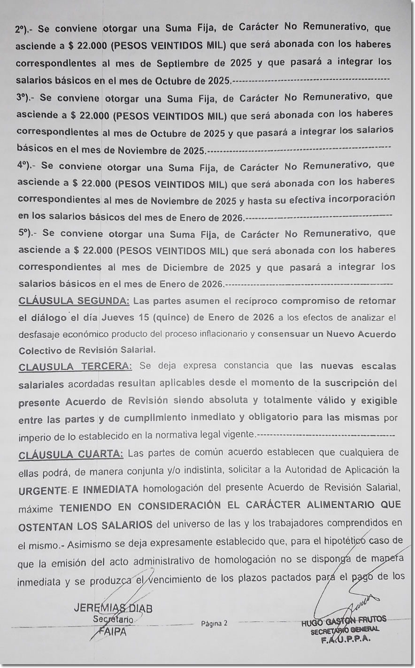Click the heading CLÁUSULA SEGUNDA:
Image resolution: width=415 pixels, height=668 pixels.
pyautogui.click(x=73, y=301)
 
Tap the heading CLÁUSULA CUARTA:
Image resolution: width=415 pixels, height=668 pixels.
pyautogui.click(x=71, y=454)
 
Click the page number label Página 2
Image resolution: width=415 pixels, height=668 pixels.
pyautogui.click(x=214, y=624)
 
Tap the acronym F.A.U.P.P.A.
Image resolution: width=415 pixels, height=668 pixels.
pyautogui.click(x=345, y=640)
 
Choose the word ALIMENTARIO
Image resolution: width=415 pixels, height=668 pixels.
pyautogui.click(x=334, y=505)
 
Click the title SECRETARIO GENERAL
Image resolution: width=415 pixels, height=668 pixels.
pyautogui.click(x=345, y=630)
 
